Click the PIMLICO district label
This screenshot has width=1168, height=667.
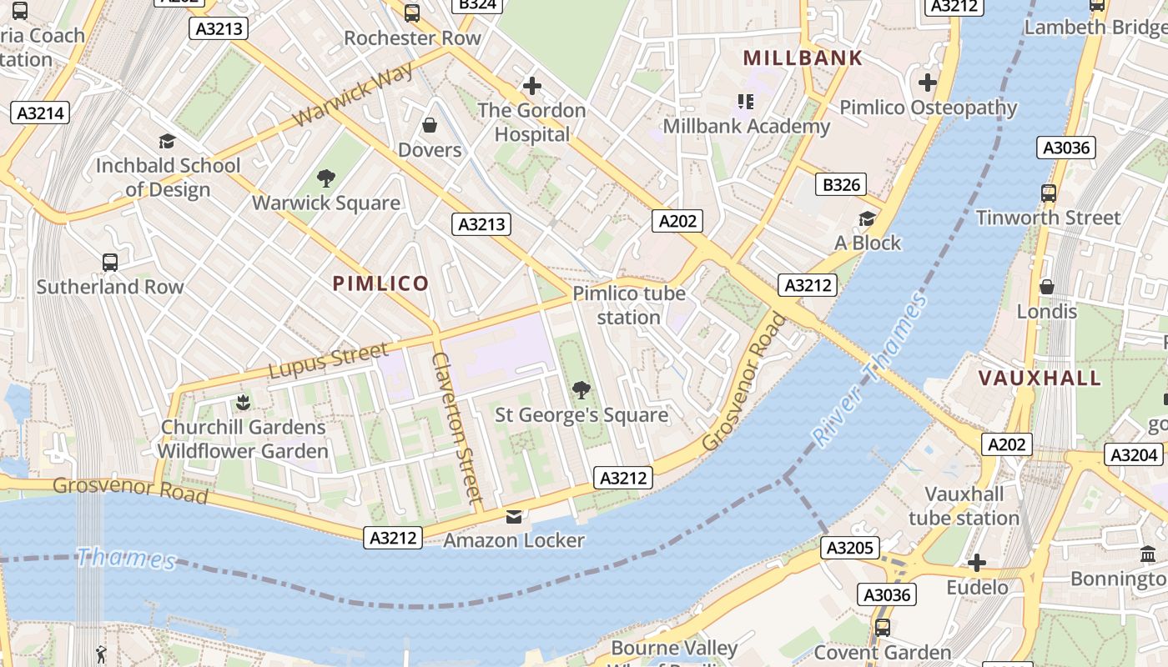coord(380,283)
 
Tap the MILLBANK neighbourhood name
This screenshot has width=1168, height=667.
coord(803,58)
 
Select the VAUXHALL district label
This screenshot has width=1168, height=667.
coord(1040,378)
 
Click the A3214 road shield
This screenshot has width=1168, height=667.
coord(39,113)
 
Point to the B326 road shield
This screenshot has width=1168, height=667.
coord(841,184)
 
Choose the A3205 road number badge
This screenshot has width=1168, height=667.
coord(850,548)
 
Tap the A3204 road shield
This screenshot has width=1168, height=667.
coord(1135,454)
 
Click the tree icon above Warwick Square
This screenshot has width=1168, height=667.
coord(326,178)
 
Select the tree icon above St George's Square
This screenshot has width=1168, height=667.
coord(581,389)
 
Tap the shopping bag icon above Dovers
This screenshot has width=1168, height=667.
coord(430,125)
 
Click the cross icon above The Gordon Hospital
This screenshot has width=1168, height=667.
coord(531,85)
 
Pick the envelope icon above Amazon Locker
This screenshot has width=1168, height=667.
coord(514,516)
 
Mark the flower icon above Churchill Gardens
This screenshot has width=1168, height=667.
coord(243,403)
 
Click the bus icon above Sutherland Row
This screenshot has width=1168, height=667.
coord(110,262)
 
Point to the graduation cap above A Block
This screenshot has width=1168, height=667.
coord(868,218)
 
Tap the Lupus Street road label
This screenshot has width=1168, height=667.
coord(328,360)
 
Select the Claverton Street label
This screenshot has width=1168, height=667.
coord(457,429)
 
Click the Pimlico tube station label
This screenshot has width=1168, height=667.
coord(629,305)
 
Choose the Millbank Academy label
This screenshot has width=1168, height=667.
coord(746,126)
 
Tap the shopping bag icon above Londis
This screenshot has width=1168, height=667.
coord(1046,287)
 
